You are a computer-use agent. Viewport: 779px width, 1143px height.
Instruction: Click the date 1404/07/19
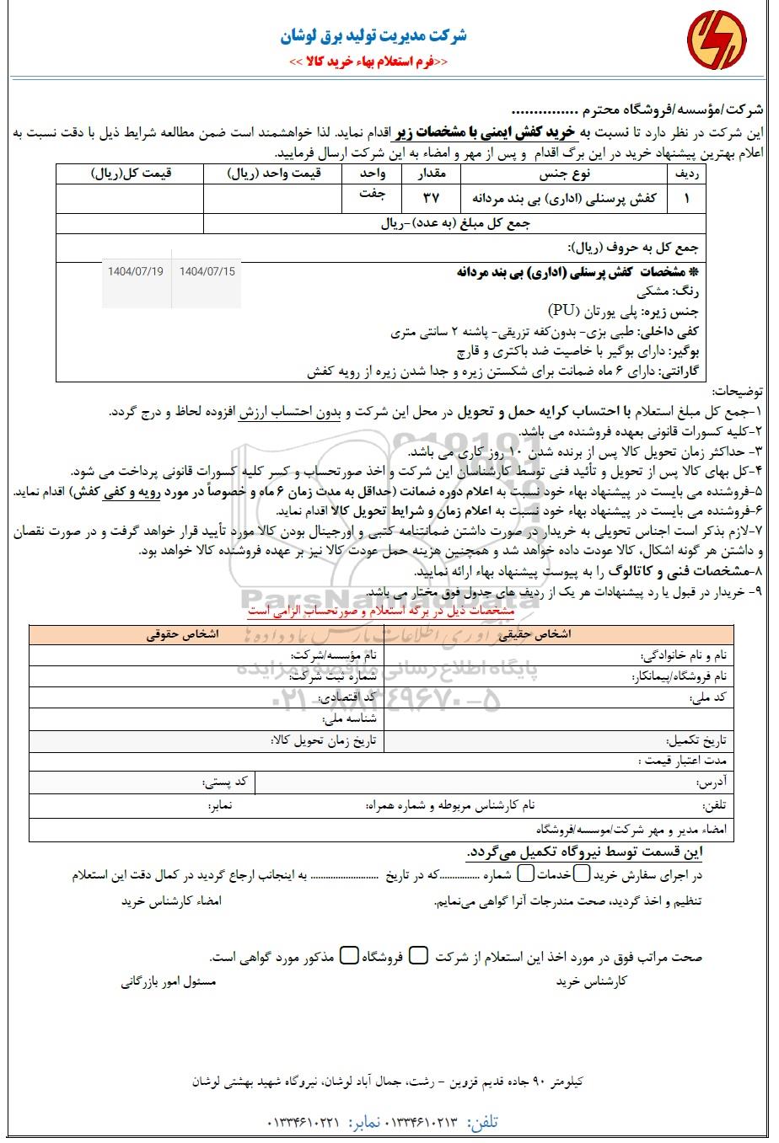tap(136, 271)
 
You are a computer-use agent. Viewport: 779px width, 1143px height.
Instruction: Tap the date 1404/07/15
tap(207, 271)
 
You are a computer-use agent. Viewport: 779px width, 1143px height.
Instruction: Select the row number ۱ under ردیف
tap(685, 199)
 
